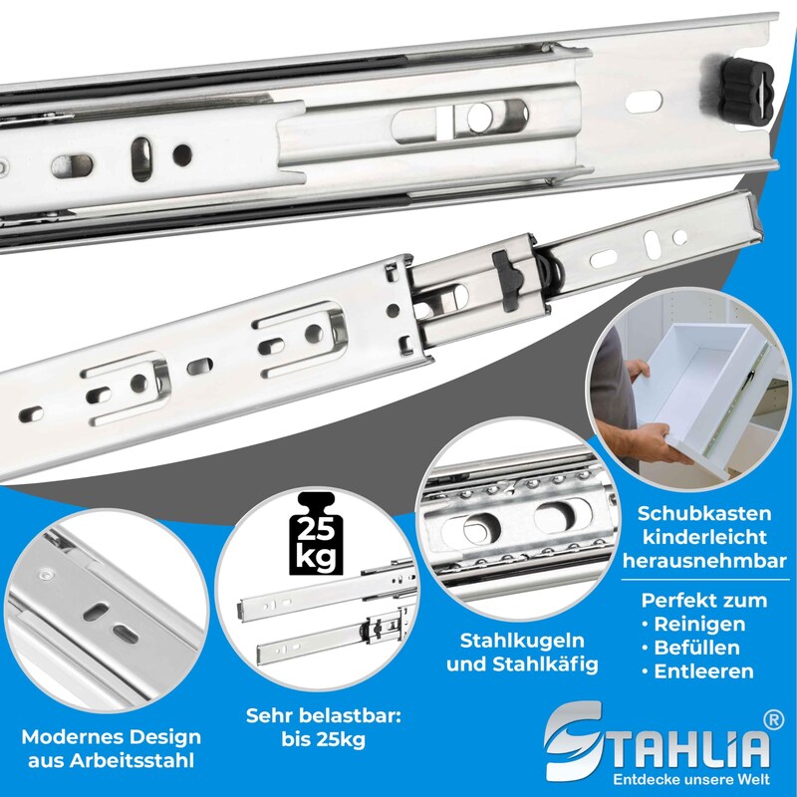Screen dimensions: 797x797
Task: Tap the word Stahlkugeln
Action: tap(522, 641)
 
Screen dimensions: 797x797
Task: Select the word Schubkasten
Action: tap(704, 513)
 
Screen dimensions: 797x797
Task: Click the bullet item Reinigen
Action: tap(693, 624)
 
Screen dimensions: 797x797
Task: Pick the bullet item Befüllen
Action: tap(690, 648)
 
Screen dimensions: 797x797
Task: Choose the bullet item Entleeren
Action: tap(697, 670)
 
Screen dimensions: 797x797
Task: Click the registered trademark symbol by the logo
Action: tap(774, 721)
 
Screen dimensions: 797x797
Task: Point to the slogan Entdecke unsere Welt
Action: tap(691, 779)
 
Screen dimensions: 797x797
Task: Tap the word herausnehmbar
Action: tap(704, 561)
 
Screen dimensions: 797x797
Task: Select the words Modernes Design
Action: tap(112, 737)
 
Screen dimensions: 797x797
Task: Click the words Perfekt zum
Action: tap(704, 601)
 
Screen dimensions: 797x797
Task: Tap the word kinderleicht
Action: tap(704, 537)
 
